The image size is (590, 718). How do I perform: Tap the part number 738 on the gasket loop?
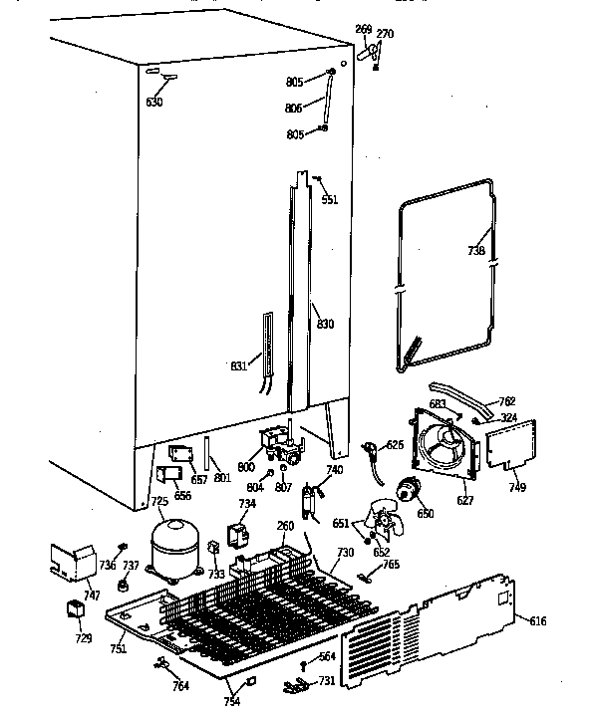coord(475,251)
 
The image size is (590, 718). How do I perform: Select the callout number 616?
coord(537,621)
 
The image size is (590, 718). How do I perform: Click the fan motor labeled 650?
coord(408,490)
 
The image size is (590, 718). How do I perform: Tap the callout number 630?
coord(154,102)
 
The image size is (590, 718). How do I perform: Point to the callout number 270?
coord(386,33)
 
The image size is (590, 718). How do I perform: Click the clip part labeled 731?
coord(295,684)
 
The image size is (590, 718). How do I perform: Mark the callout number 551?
coord(329,199)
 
